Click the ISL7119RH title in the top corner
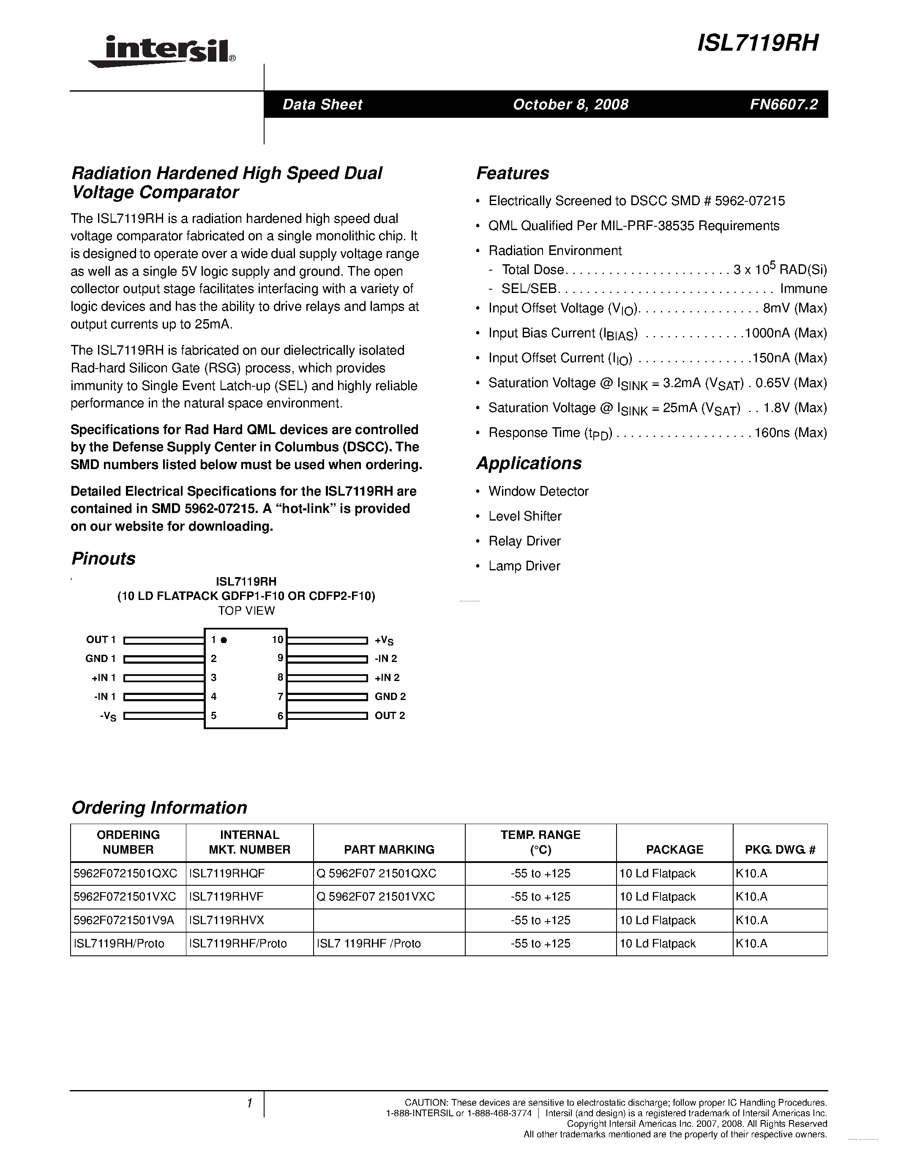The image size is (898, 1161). click(758, 43)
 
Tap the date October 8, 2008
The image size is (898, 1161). click(570, 104)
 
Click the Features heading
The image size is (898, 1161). click(512, 173)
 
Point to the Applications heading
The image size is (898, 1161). click(529, 463)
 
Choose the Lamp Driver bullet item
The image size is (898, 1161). click(524, 566)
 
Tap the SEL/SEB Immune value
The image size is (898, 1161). click(803, 289)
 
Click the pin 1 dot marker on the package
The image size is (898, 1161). click(224, 640)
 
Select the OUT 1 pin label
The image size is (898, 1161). click(101, 640)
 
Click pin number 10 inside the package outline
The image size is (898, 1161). click(277, 640)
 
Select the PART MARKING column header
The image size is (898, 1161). click(389, 849)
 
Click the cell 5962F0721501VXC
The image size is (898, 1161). click(125, 897)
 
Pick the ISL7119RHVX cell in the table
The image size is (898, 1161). click(226, 920)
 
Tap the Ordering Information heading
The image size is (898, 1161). click(159, 808)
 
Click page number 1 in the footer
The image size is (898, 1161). click(249, 1104)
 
